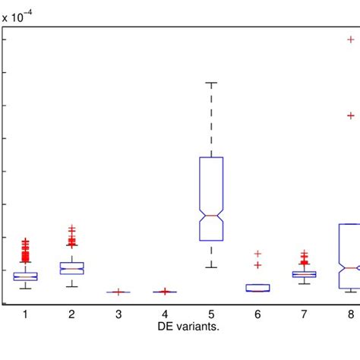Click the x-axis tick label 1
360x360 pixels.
(25, 314)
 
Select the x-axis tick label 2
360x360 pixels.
(71, 314)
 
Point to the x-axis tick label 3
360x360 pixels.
(118, 314)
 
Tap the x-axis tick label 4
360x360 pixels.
(165, 314)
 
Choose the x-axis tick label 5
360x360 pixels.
(211, 314)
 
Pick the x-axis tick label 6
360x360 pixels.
(258, 314)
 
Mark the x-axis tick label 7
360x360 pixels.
(305, 314)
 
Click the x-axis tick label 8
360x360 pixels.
(351, 314)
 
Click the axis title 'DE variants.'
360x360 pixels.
(188, 327)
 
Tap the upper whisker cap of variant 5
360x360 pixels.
(211, 82)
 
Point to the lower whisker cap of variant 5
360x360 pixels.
(211, 267)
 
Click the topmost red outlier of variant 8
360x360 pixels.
(351, 39)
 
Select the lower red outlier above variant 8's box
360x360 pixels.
(351, 115)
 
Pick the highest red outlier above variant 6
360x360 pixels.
(258, 254)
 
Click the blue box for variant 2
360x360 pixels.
(71, 268)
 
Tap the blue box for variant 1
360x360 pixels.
(25, 276)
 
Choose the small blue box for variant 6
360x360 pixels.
(258, 287)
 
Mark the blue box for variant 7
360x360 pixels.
(305, 274)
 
